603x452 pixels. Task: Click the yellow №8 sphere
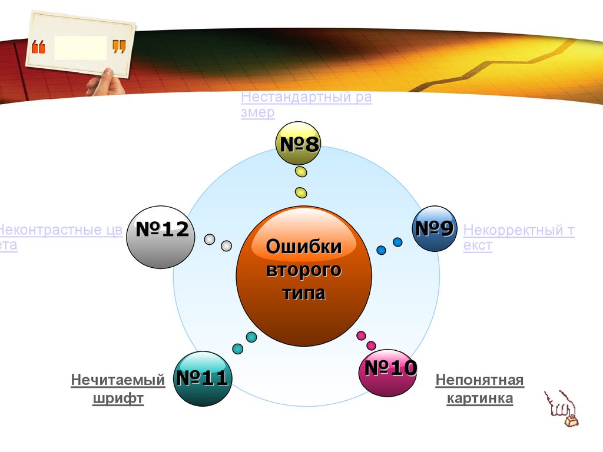(298, 143)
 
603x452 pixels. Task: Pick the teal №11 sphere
(202, 378)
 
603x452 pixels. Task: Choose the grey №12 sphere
(159, 237)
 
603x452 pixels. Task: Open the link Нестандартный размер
(306, 105)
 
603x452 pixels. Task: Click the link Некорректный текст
(518, 238)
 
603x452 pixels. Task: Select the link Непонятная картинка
(479, 389)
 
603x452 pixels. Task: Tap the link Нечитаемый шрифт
(118, 389)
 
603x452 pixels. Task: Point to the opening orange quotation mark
(38, 47)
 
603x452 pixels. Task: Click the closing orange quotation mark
(118, 46)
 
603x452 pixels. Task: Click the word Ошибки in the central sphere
(304, 247)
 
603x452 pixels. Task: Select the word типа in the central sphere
(304, 293)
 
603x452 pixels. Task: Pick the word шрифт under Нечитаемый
(118, 398)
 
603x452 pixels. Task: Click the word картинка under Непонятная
(479, 398)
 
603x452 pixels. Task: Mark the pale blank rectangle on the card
(80, 47)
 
